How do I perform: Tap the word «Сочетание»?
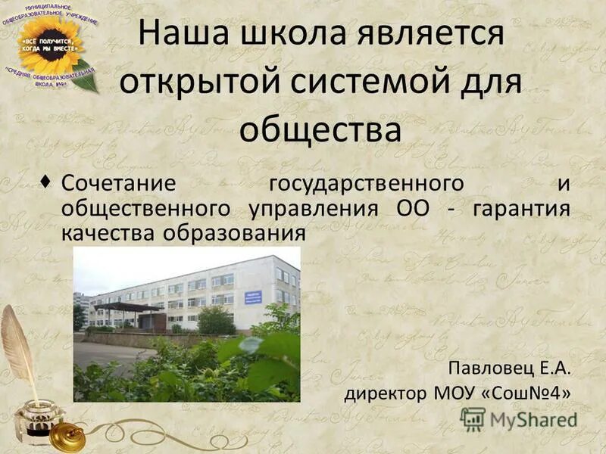(x=118, y=184)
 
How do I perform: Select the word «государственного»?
(x=366, y=185)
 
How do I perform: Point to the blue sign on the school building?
(x=253, y=297)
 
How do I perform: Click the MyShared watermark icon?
(x=473, y=418)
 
